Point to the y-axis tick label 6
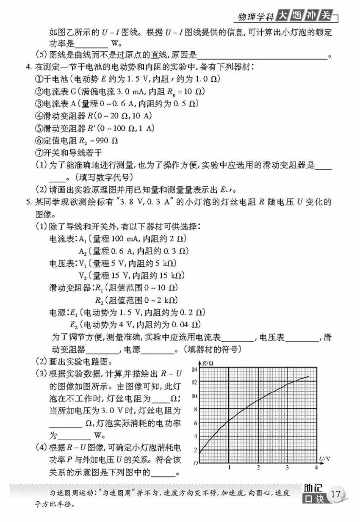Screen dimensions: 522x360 (x=194, y=423)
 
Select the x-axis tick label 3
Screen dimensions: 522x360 (x=287, y=467)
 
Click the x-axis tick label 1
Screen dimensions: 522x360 (x=229, y=467)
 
